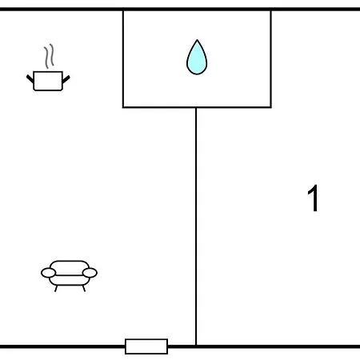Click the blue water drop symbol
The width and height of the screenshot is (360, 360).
[x=197, y=58]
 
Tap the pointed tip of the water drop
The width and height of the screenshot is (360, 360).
[x=197, y=40]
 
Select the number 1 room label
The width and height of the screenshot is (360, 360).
[x=313, y=198]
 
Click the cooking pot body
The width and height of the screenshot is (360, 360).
[x=48, y=81]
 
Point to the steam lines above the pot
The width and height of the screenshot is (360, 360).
[x=49, y=56]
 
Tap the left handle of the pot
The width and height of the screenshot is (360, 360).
[x=30, y=79]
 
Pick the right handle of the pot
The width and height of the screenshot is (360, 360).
[x=66, y=79]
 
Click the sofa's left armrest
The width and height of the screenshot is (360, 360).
[x=49, y=273]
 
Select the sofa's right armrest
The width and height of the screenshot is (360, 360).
[x=90, y=273]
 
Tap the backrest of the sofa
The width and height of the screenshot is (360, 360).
[x=70, y=267]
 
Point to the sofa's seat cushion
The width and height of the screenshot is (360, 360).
[x=70, y=280]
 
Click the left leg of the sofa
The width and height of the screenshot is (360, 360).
[x=56, y=289]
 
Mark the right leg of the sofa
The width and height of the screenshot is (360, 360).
[x=84, y=289]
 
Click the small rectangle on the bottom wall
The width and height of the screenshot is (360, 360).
[x=146, y=346]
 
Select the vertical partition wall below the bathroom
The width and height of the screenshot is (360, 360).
[x=196, y=226]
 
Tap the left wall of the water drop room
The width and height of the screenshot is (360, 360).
[x=123, y=59]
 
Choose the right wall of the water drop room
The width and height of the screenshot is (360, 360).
[x=271, y=59]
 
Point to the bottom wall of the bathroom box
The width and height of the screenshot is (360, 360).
[x=197, y=107]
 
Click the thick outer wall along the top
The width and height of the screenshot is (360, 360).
[x=180, y=9]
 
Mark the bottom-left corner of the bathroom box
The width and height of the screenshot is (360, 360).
[x=123, y=107]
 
